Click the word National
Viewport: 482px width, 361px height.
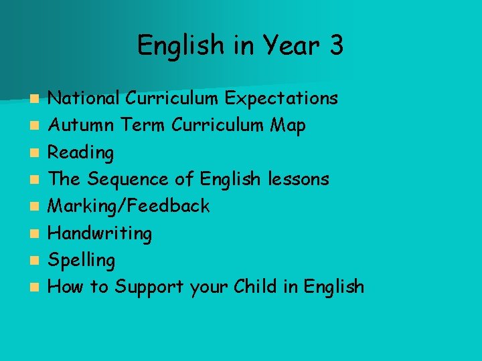(x=84, y=99)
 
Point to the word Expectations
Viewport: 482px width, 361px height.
(x=281, y=99)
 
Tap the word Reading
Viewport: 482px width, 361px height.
(x=82, y=153)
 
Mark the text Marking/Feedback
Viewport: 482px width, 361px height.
(x=130, y=206)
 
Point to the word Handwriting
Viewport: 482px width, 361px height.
(x=100, y=233)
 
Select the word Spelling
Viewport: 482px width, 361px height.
(x=82, y=260)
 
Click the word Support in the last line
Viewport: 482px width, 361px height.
(x=149, y=287)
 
